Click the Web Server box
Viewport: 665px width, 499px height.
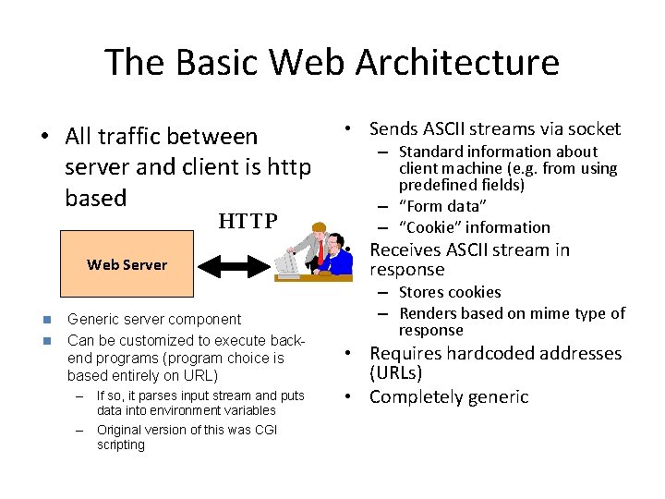127,264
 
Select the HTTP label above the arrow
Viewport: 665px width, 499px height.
248,221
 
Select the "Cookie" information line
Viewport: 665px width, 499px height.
475,227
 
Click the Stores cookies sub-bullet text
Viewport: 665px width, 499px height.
450,292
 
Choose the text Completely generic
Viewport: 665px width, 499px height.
449,397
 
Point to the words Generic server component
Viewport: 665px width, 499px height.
154,319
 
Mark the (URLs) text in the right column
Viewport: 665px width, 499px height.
395,373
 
